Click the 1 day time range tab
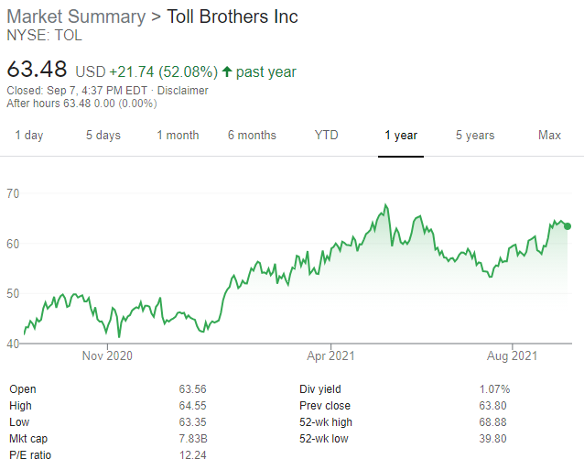coord(28,136)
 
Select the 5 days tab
coord(103,136)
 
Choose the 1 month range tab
coord(178,136)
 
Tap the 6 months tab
coord(252,136)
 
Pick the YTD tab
coord(326,136)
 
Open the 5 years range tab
coord(475,136)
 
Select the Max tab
coord(549,136)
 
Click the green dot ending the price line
coord(568,226)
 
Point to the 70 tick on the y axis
coord(14,193)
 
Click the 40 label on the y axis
coord(14,344)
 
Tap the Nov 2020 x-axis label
coord(107,355)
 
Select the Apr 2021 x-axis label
coord(330,355)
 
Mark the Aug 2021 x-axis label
coord(512,355)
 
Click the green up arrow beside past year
coord(227,71)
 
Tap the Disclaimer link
coord(182,91)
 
